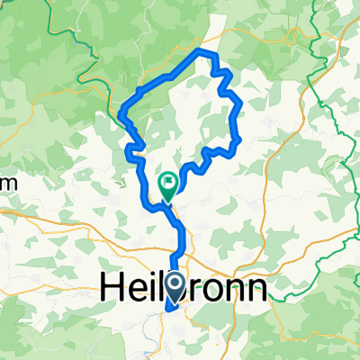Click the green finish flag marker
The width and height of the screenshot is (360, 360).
[x=168, y=184]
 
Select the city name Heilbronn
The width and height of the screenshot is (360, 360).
[x=181, y=287]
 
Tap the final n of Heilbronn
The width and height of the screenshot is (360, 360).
[x=256, y=290]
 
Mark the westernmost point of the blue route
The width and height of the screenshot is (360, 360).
[x=120, y=112]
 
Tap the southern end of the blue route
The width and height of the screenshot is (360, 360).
[x=167, y=312]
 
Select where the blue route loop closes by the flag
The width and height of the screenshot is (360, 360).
[x=167, y=204]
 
